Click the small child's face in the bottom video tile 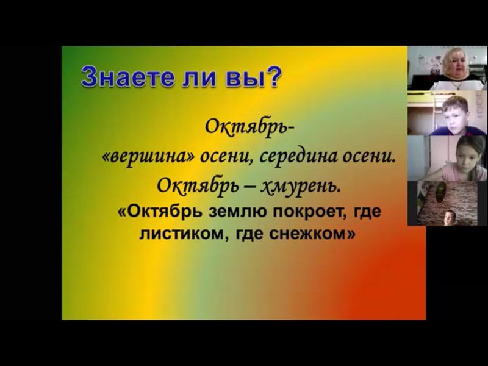click(x=449, y=218)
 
